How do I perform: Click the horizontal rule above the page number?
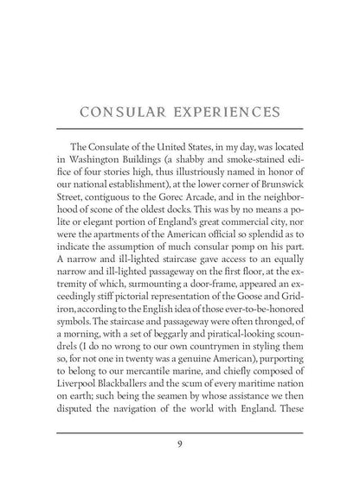tap(179, 432)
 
